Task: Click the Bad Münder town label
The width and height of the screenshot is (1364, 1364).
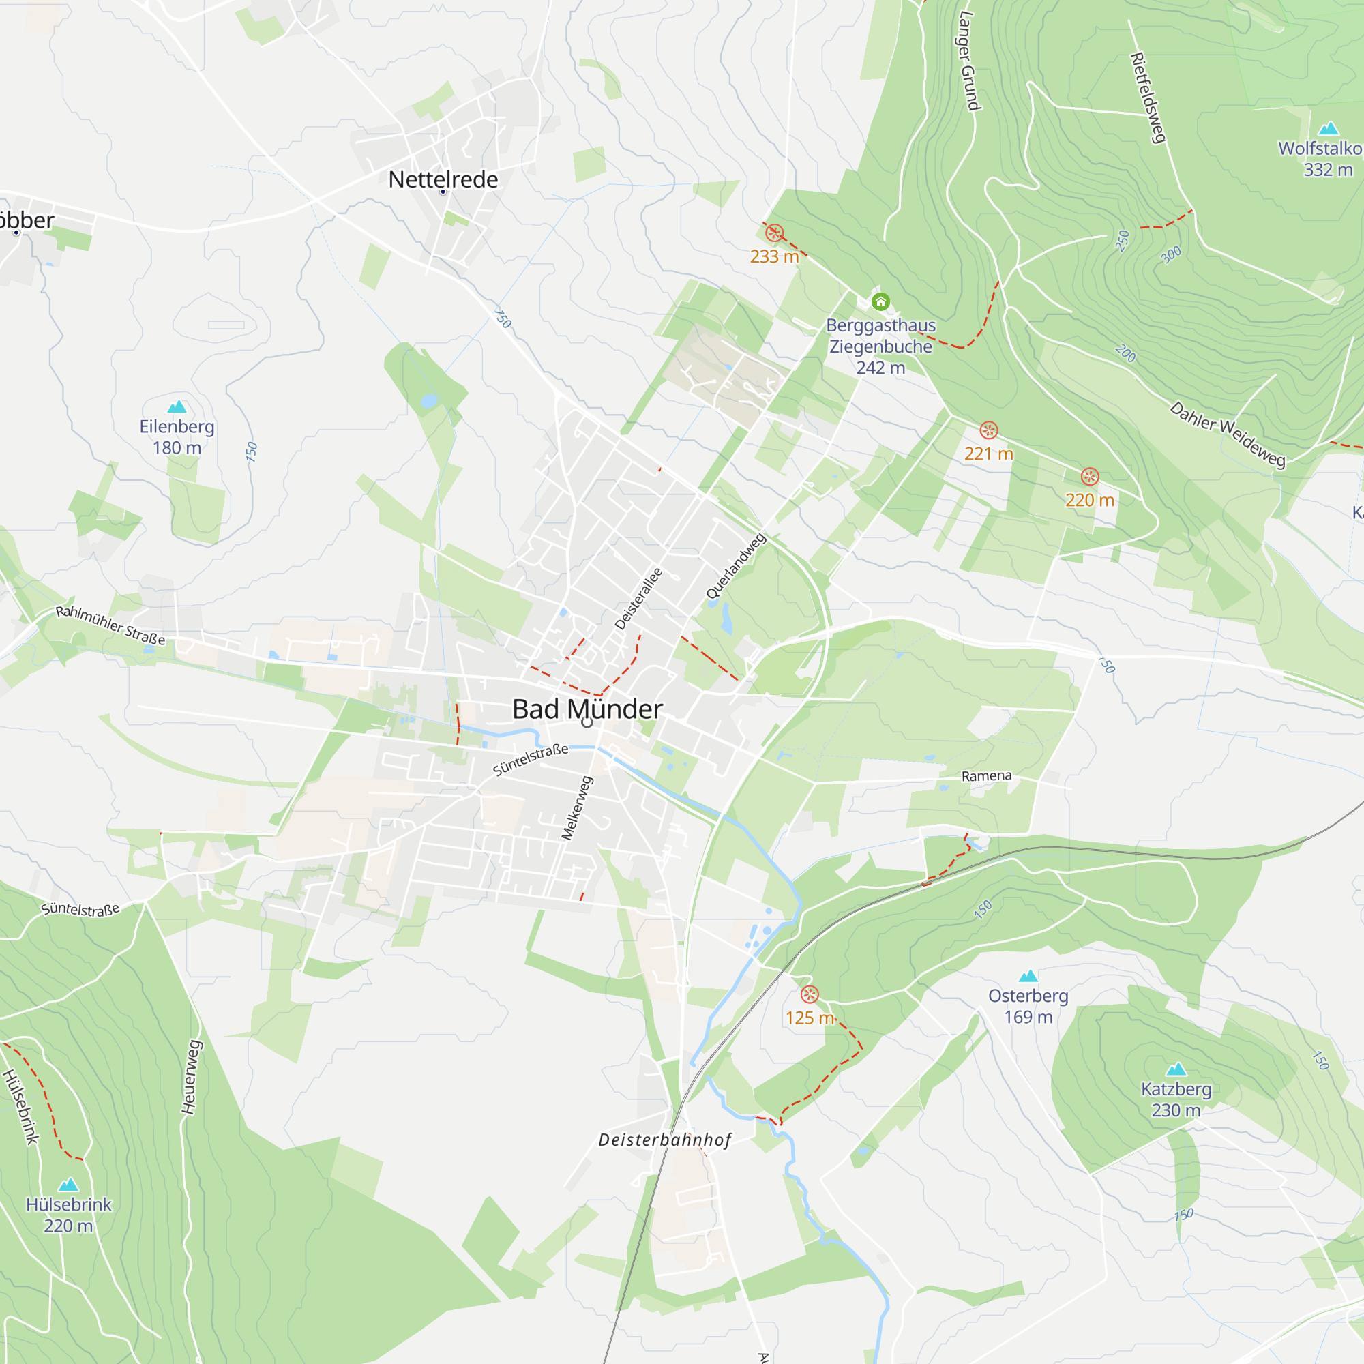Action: point(587,709)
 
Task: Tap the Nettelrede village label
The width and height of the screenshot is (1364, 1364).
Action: point(443,179)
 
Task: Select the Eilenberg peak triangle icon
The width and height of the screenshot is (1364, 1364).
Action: point(177,406)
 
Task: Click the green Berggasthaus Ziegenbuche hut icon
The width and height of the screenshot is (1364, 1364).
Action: point(880,302)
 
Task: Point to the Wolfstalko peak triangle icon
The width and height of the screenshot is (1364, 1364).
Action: point(1328,128)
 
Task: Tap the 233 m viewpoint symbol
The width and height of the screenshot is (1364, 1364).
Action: point(775,233)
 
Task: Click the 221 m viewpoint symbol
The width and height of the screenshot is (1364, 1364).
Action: point(988,430)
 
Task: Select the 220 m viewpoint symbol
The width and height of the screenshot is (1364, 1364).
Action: point(1089,477)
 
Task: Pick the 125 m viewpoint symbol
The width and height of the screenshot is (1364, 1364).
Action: point(809,994)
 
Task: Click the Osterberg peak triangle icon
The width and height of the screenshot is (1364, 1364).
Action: point(1028,977)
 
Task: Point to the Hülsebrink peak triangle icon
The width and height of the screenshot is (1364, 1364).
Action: point(68,1185)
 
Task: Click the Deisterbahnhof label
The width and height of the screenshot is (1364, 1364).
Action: point(664,1140)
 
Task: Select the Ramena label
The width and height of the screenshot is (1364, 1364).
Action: point(986,776)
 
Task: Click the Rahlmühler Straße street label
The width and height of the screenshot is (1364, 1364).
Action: point(111,625)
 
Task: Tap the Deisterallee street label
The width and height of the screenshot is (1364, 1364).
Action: point(638,599)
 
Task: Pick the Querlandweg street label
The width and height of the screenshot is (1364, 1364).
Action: point(736,566)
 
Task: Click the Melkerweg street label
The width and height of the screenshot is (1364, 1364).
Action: point(577,807)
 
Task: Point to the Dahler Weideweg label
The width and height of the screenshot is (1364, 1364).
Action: point(1228,434)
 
